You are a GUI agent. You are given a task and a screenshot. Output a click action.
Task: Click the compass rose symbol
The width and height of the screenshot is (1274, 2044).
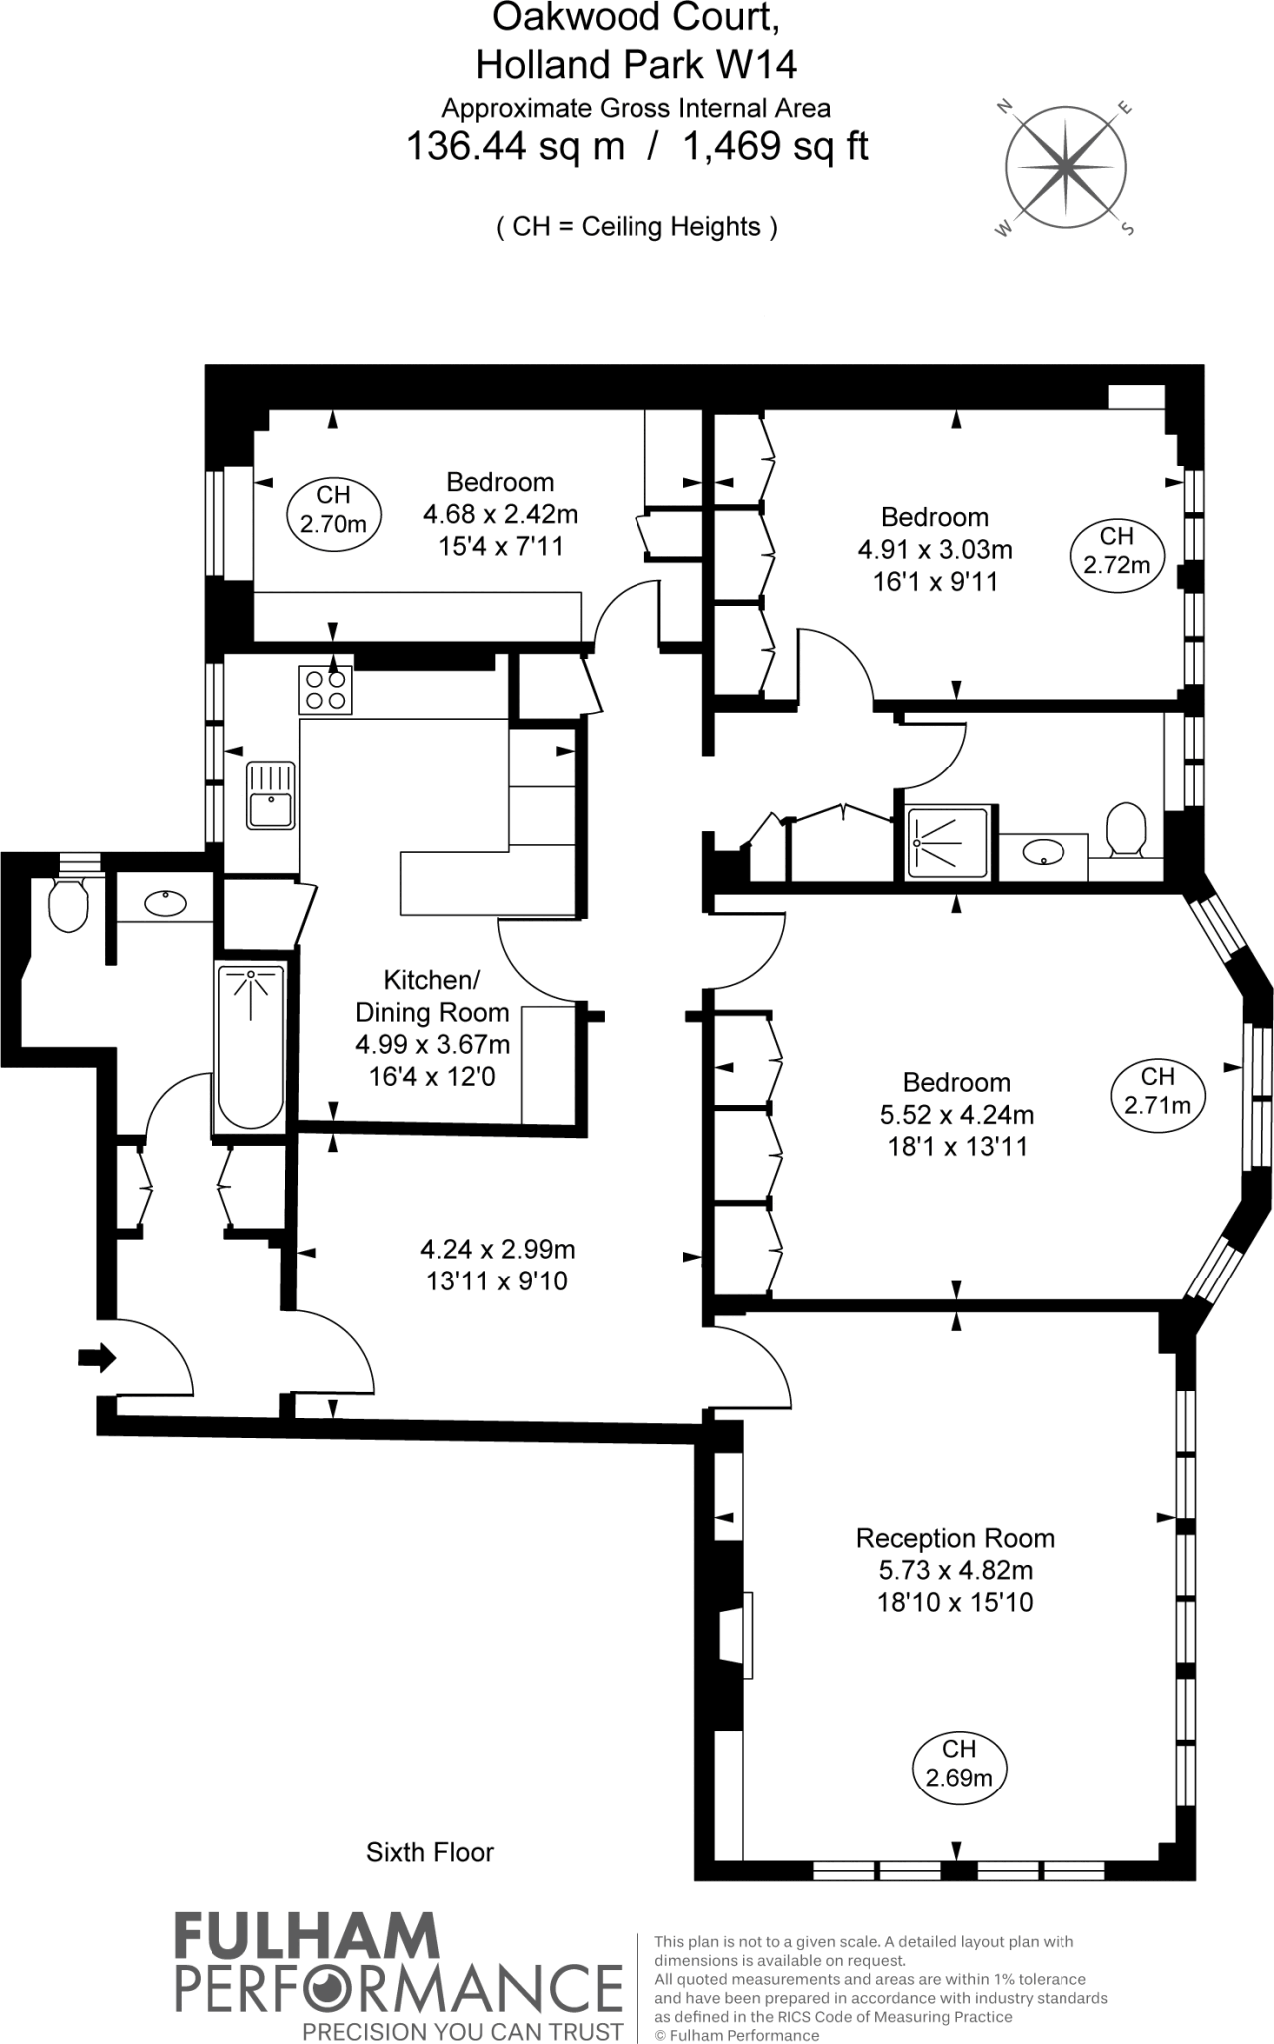[x=1065, y=168]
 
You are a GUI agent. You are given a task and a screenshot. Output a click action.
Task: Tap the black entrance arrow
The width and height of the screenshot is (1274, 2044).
[x=97, y=1357]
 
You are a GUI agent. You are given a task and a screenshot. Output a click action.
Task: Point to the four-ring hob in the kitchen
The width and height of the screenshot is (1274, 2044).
[x=326, y=690]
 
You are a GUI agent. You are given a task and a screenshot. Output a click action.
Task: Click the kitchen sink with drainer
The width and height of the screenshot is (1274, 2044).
[x=271, y=794]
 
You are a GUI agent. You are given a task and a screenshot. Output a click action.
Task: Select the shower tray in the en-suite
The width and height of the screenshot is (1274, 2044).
[x=949, y=844]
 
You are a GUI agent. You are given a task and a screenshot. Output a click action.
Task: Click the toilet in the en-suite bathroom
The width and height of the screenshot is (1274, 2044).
[x=1127, y=830]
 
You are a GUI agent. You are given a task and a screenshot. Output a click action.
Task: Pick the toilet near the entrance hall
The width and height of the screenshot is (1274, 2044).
[x=68, y=903]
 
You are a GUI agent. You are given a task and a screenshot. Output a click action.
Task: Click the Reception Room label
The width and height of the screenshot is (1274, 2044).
[x=955, y=1538]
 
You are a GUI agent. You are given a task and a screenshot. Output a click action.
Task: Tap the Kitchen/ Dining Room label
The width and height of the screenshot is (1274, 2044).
[x=432, y=996]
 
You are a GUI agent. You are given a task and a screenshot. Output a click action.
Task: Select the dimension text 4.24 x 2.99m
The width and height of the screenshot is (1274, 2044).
[x=497, y=1249]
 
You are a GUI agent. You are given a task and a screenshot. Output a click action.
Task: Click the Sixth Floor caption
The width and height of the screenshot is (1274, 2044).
[x=430, y=1852]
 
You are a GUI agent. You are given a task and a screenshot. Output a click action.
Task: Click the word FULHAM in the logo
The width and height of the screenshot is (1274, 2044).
[x=306, y=1938]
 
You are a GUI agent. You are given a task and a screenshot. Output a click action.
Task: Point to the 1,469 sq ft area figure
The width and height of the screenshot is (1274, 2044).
[x=775, y=147]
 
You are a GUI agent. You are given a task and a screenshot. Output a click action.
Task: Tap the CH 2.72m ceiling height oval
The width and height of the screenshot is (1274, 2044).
[x=1117, y=550]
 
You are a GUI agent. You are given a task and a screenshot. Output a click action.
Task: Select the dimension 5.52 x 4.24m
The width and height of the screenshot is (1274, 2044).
[x=955, y=1114]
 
